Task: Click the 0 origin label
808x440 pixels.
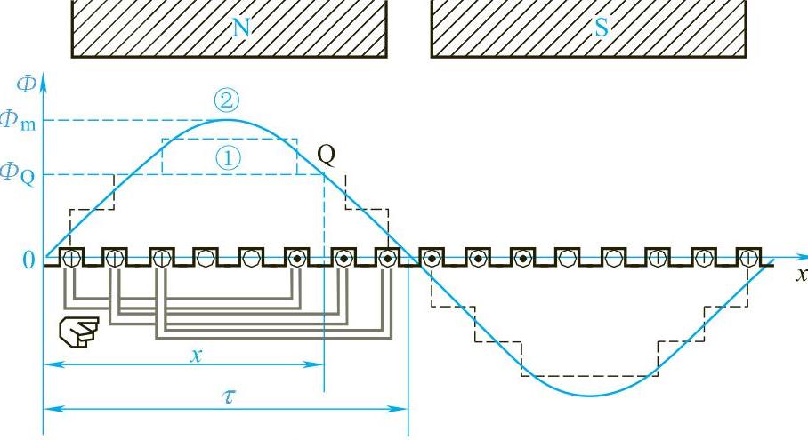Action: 28,260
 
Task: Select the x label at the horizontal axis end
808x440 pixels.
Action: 802,274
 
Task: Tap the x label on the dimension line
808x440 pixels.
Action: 195,353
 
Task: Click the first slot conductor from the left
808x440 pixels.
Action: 72,259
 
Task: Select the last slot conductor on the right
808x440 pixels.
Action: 748,259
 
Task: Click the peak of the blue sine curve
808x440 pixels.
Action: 227,119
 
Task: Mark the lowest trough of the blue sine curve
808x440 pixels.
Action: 590,395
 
